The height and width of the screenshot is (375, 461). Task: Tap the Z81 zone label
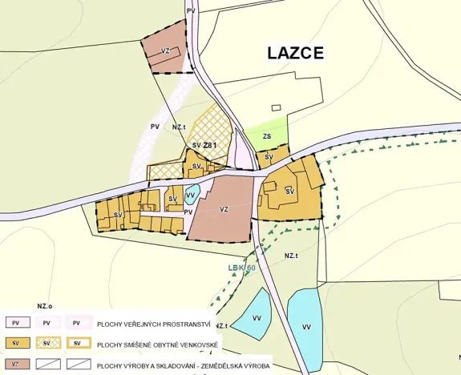210,145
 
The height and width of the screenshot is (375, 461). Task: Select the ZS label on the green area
266,137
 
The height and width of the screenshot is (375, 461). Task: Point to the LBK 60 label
241,268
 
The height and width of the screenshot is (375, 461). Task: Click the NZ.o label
44,306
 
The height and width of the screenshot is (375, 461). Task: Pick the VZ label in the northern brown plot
165,50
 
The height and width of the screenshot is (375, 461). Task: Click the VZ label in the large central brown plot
224,209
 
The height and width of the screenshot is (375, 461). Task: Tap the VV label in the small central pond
190,194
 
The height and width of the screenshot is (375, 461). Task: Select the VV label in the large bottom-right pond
306,327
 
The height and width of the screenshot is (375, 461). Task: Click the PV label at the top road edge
190,10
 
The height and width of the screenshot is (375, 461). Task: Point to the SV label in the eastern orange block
290,191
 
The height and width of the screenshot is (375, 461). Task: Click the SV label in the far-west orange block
118,215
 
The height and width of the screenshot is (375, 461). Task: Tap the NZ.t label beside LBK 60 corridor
291,255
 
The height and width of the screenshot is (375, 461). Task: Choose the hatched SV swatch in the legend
47,344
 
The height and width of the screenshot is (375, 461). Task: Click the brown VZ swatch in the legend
15,365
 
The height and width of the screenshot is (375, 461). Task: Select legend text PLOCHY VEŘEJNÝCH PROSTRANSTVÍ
154,325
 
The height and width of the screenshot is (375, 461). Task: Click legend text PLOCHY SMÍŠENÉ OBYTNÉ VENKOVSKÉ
158,345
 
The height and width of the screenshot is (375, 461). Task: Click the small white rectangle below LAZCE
277,107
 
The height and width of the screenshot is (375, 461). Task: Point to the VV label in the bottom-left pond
257,317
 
